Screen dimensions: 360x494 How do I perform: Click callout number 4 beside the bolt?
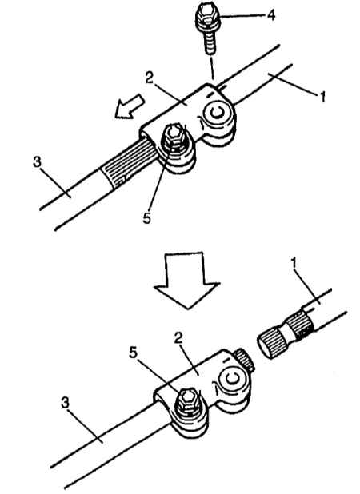coord(270,15)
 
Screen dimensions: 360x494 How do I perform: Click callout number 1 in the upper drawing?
coord(322,97)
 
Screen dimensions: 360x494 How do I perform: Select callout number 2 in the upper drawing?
coord(149,78)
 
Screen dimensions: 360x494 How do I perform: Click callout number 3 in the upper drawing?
coord(37,162)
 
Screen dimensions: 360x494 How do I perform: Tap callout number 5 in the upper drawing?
coord(146,217)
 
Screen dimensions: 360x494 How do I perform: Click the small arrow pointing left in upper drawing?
coord(130,106)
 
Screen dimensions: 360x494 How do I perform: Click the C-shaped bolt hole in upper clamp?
coord(218,114)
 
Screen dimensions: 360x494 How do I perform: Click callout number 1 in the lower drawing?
coord(294,266)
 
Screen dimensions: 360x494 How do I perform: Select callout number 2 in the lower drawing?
coord(179,339)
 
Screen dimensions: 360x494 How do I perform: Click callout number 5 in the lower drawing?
coord(134,353)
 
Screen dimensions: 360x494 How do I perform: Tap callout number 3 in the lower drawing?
coord(65,403)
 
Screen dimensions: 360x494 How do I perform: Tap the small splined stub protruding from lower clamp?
coord(245,358)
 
